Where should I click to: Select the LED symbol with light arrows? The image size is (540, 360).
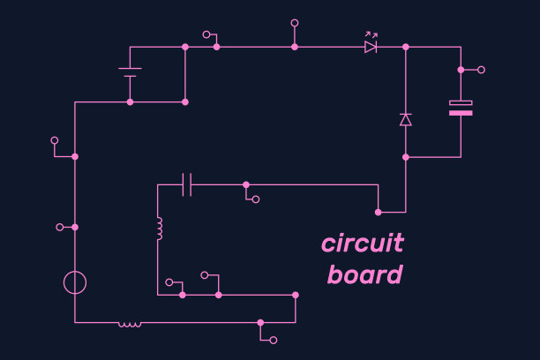[371, 47]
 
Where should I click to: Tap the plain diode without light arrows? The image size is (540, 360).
[406, 119]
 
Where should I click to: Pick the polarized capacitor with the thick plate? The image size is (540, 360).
[461, 108]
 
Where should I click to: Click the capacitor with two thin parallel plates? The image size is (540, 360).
[187, 184]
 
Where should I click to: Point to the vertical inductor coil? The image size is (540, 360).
[159, 229]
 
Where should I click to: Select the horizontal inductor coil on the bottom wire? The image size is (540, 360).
[130, 324]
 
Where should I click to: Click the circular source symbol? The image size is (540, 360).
[75, 282]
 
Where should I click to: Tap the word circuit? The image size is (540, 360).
[362, 243]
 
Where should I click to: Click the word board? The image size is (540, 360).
[364, 274]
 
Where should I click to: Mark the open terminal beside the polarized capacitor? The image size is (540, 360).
[481, 69]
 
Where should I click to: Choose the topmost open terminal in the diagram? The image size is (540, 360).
[295, 23]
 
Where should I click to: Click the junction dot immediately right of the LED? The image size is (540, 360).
[406, 47]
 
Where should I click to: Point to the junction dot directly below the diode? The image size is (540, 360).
[406, 157]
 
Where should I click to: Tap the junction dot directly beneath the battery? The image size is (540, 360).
[130, 102]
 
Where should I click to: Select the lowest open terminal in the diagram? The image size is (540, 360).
[274, 340]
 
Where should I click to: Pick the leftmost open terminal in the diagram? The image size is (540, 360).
[55, 139]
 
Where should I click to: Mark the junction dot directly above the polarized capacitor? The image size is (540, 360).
[461, 69]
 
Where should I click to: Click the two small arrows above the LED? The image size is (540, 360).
[371, 35]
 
